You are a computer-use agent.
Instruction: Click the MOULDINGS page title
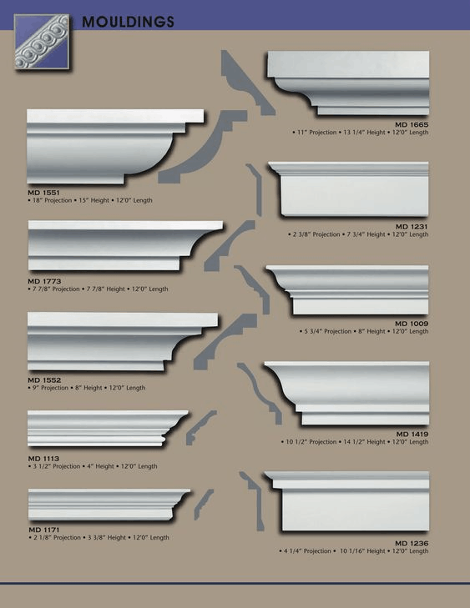(128, 22)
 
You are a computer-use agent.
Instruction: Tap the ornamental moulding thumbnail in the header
(42, 42)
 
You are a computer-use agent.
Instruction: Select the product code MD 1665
(412, 124)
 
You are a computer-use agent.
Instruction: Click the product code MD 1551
(43, 193)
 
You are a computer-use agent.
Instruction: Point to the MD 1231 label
(412, 227)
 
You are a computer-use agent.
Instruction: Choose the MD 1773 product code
(44, 281)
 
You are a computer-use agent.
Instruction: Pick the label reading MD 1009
(412, 324)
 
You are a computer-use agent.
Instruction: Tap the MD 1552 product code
(44, 380)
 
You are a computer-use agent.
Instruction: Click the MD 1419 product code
(412, 434)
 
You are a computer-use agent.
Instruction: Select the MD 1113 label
(43, 459)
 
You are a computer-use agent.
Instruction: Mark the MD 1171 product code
(44, 530)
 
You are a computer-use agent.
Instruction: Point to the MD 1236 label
(412, 543)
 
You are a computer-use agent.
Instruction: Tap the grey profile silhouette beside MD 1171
(203, 504)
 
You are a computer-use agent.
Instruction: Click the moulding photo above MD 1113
(108, 428)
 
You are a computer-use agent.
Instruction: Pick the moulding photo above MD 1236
(346, 500)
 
